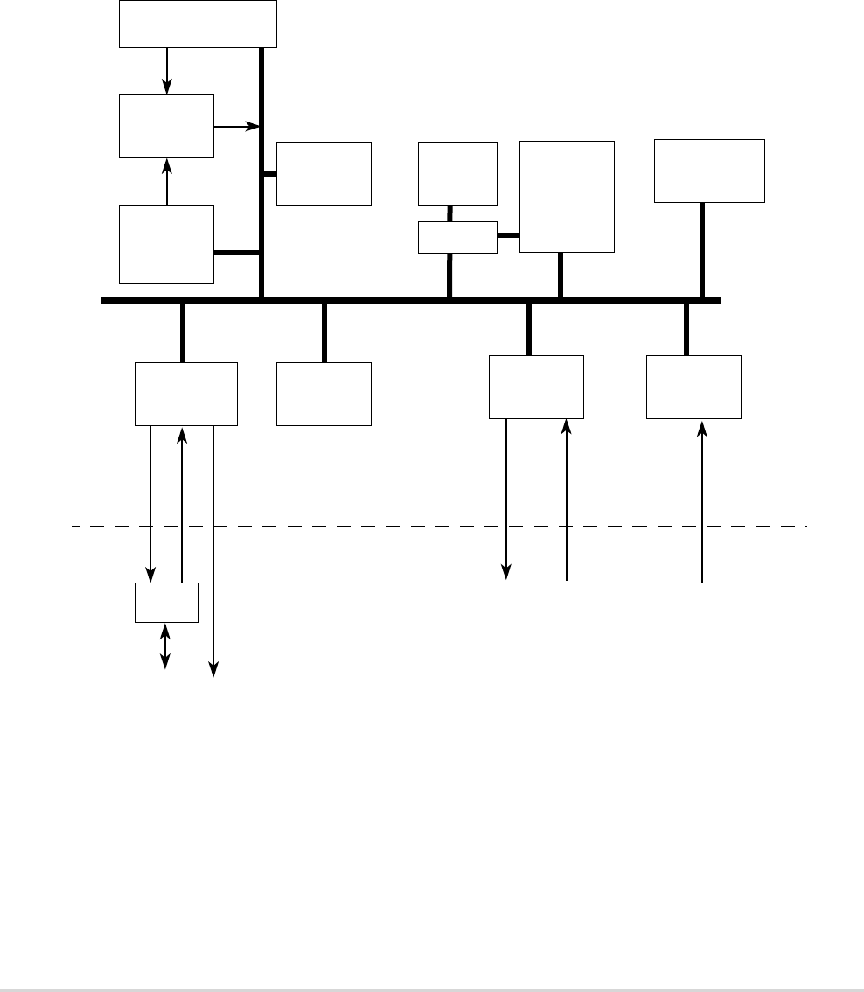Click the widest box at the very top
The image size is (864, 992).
coord(199,24)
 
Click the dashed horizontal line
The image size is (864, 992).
coord(437,527)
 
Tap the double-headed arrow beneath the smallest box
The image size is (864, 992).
coord(166,646)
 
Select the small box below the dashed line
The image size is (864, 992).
coord(166,603)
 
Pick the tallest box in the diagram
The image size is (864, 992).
coord(567,197)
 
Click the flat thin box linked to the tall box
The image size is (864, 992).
coord(457,237)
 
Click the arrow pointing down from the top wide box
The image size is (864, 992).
coord(166,71)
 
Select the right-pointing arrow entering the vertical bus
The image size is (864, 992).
coord(238,127)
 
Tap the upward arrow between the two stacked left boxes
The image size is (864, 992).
coord(166,182)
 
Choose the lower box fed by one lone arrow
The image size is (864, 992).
coord(693,388)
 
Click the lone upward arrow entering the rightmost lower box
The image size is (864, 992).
coord(702,503)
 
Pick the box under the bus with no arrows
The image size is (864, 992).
coord(324,394)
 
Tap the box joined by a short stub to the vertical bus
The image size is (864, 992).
coord(324,173)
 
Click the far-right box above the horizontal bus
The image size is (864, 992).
coord(709,171)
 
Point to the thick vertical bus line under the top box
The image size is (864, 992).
coord(261,175)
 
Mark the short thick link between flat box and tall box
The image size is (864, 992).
coord(508,234)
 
